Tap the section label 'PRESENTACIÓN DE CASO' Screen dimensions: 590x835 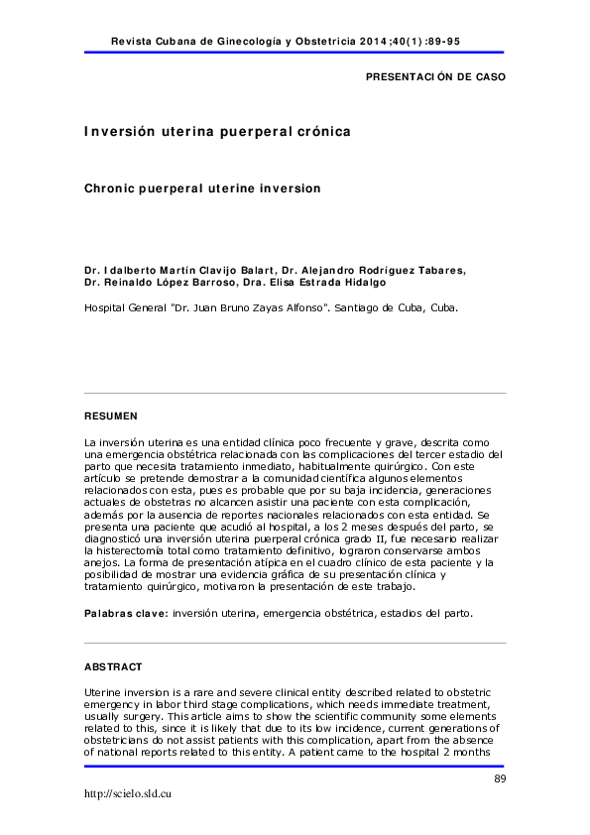[x=435, y=76]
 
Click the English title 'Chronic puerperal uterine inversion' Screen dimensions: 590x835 [x=202, y=186]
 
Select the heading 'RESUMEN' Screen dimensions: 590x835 [x=111, y=416]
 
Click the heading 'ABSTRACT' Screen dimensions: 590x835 [x=113, y=666]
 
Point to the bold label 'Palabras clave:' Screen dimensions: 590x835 [x=126, y=614]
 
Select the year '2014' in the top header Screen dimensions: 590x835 [x=384, y=43]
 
